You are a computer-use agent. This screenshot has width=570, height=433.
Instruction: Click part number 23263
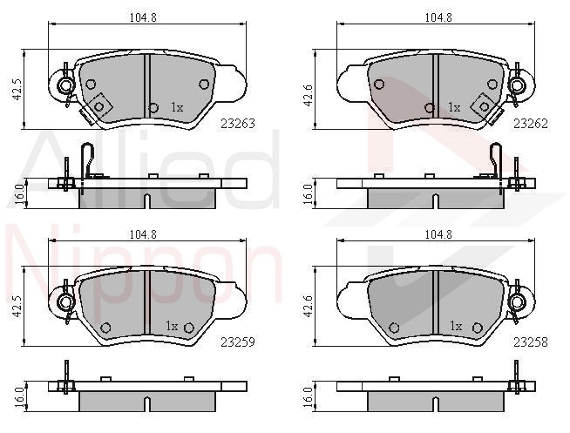pos(238,124)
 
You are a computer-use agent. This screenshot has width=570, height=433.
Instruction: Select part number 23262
pos(531,124)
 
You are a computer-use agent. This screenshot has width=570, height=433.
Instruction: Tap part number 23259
pos(238,342)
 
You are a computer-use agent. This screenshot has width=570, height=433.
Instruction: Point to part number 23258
pos(531,342)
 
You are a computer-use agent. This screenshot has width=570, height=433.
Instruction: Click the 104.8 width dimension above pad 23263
pos(143,17)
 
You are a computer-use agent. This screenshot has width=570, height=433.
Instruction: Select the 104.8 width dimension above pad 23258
pos(438,234)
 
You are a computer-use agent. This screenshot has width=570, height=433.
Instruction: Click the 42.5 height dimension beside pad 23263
pos(18,90)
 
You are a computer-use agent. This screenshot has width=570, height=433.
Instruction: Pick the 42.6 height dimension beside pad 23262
pos(309,94)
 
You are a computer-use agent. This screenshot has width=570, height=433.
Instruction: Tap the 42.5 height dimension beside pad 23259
pos(18,306)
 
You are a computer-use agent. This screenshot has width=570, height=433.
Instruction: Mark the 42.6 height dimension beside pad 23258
pos(309,306)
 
